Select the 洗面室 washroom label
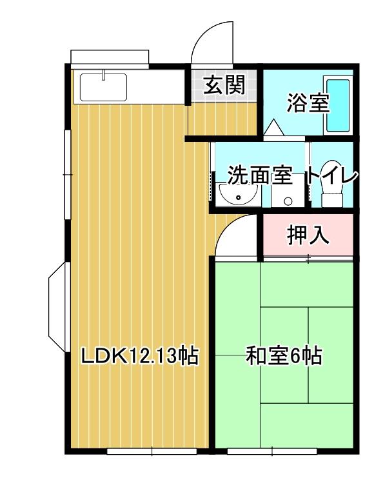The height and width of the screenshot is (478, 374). click(x=261, y=175)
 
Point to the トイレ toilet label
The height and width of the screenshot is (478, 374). click(x=331, y=175)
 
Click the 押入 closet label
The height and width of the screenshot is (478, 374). click(x=308, y=236)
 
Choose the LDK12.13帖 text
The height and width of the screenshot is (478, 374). click(x=139, y=356)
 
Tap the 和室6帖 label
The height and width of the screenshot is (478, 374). click(x=284, y=356)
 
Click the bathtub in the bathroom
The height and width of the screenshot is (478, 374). click(x=337, y=105)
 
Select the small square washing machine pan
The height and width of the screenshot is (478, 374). click(x=283, y=197)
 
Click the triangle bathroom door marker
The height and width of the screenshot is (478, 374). click(x=273, y=127)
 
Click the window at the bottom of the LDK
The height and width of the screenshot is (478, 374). click(x=152, y=451)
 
